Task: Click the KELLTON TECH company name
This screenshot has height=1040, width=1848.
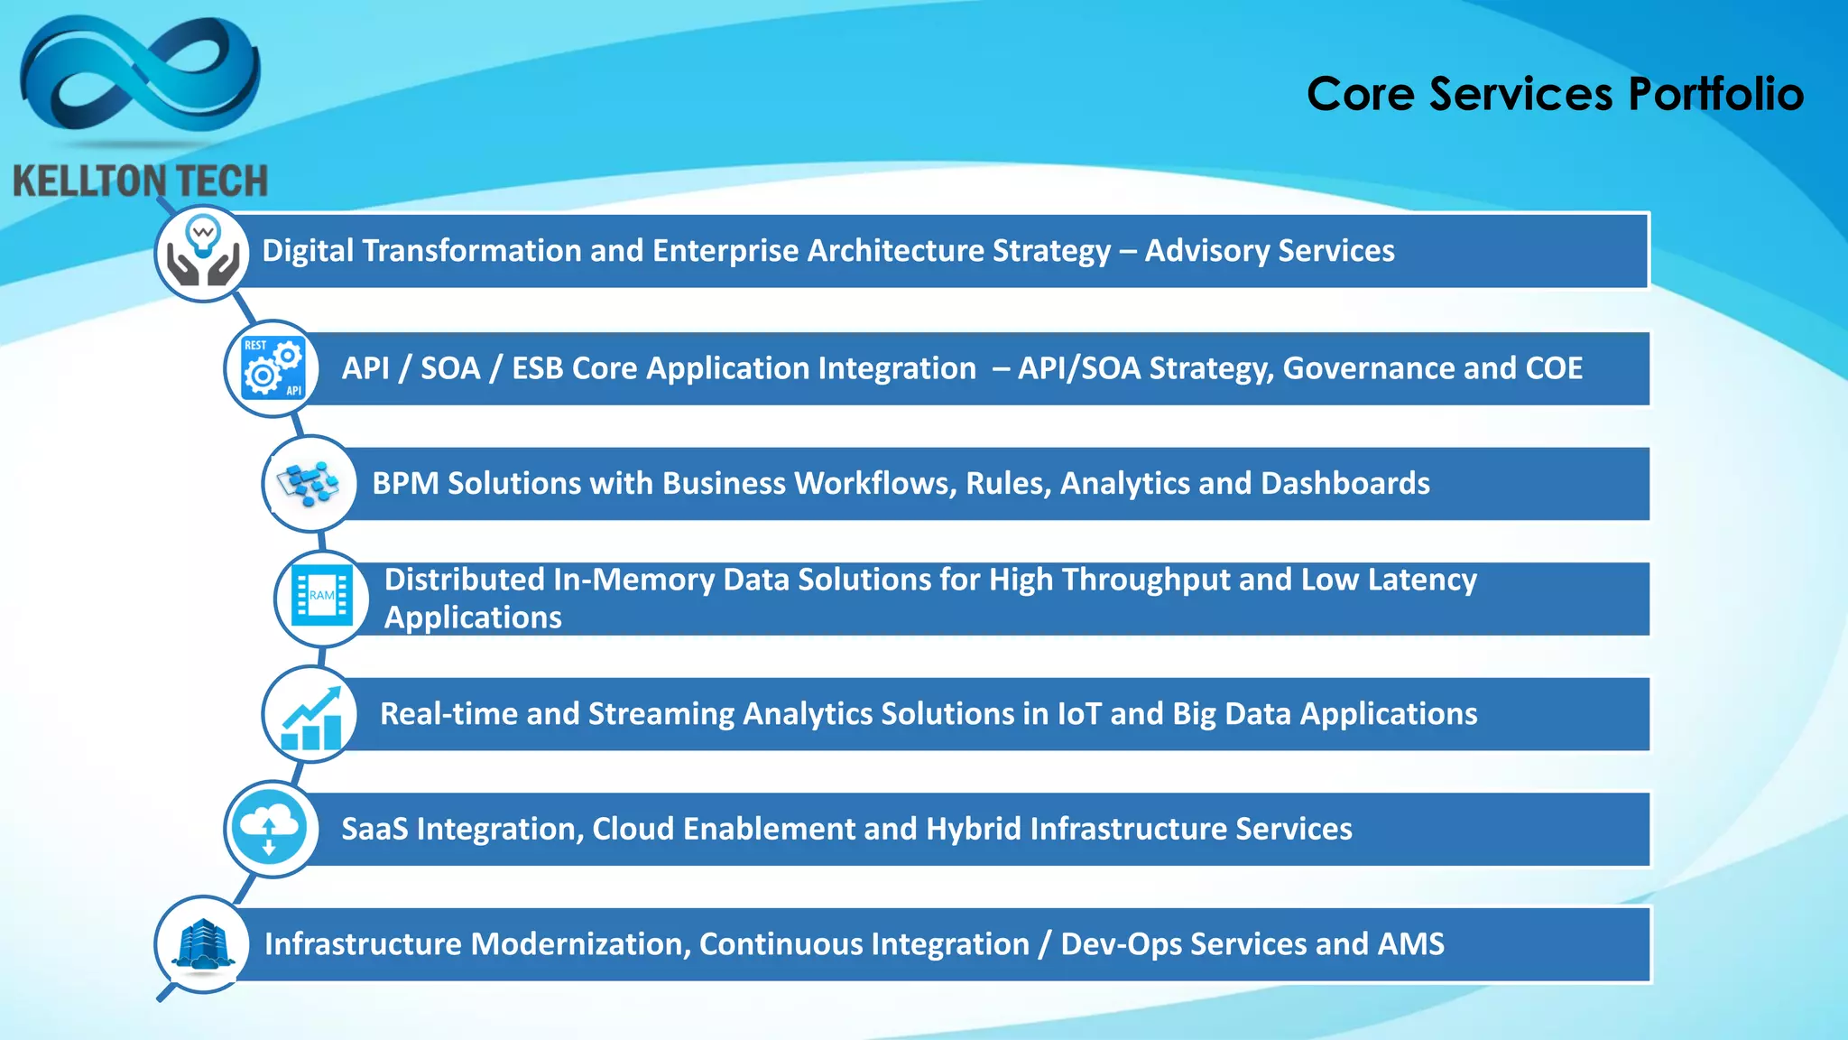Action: (x=141, y=181)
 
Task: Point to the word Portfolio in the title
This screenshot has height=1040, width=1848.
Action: (x=1715, y=94)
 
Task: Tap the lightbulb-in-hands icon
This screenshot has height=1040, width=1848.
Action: (x=203, y=253)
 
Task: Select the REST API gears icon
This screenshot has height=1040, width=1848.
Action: (x=273, y=368)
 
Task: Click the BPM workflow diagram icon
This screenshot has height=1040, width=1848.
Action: (x=310, y=484)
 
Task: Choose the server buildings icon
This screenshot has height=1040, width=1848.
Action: (x=203, y=944)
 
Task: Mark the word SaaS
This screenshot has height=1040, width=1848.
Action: (x=374, y=829)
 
